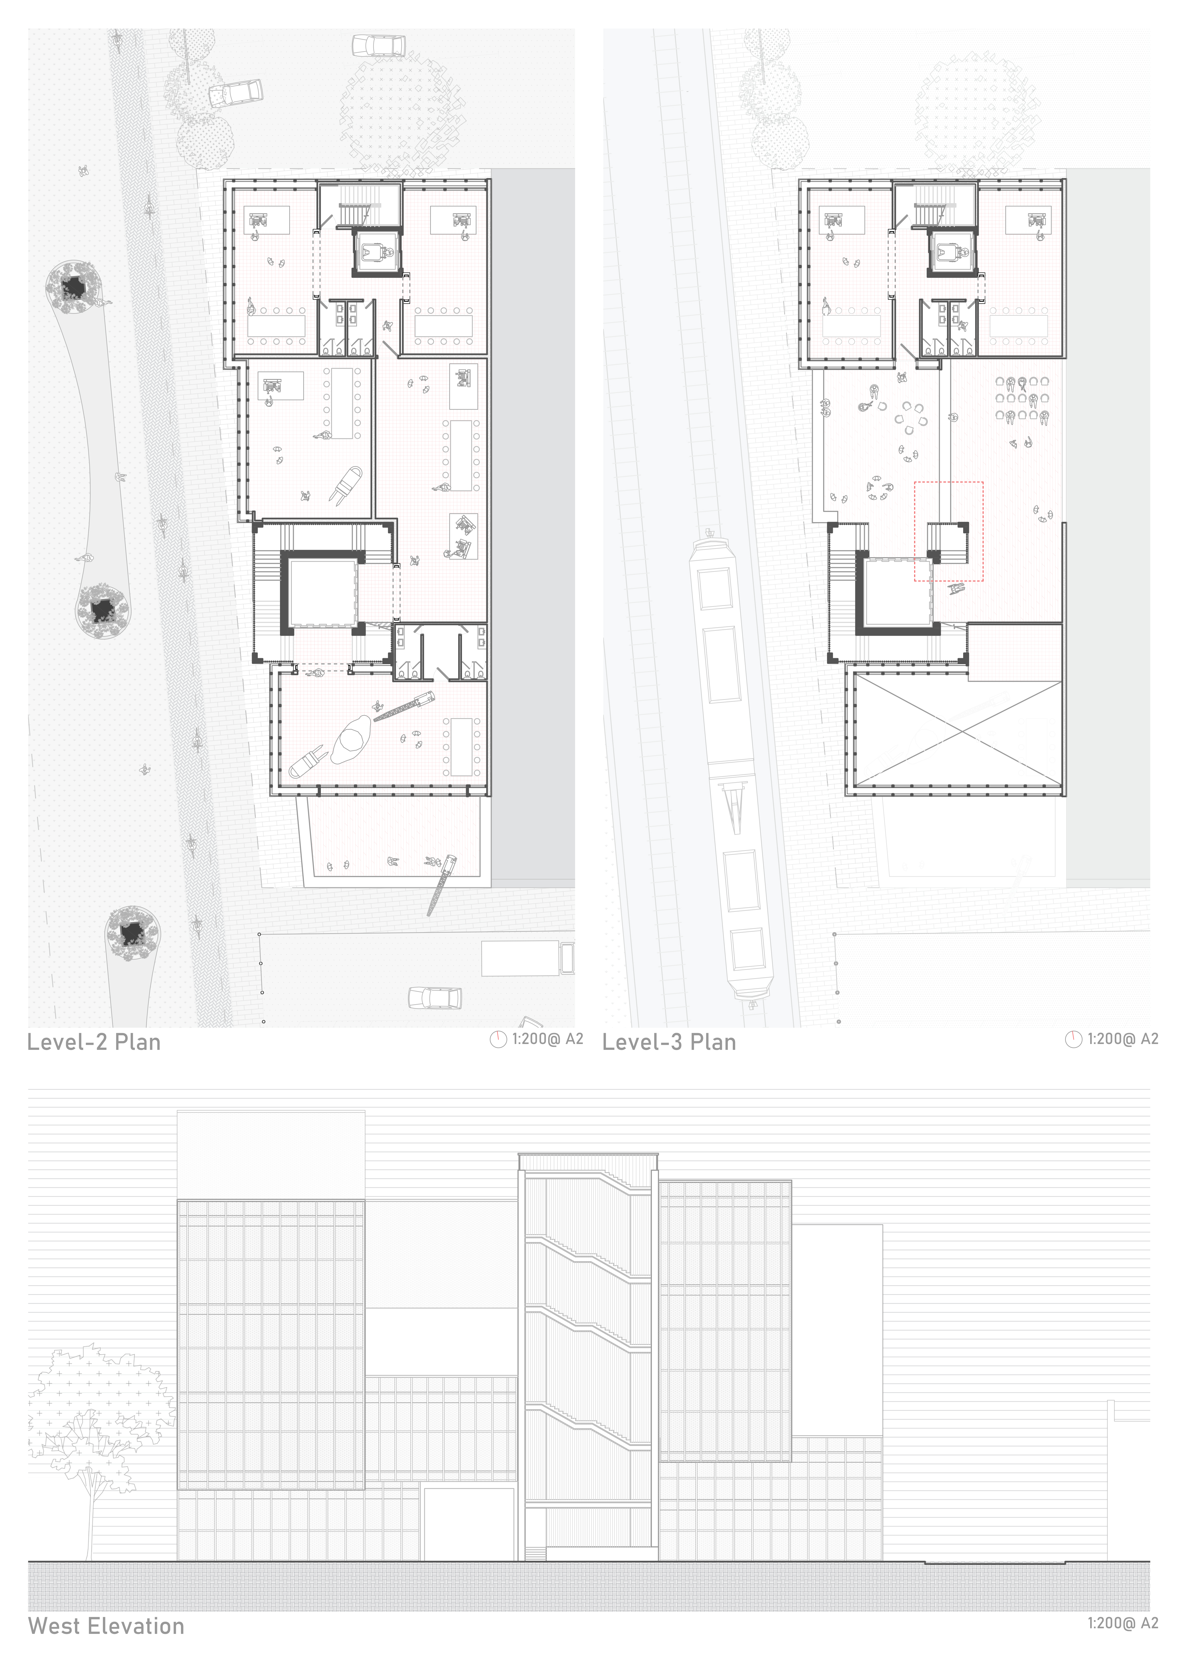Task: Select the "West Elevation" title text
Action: pos(106,1626)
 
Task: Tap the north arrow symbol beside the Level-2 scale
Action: pos(498,1040)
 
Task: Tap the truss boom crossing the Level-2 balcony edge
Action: pos(441,885)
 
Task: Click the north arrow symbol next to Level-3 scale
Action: pos(1073,1040)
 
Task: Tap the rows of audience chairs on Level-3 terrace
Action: pos(1022,400)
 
